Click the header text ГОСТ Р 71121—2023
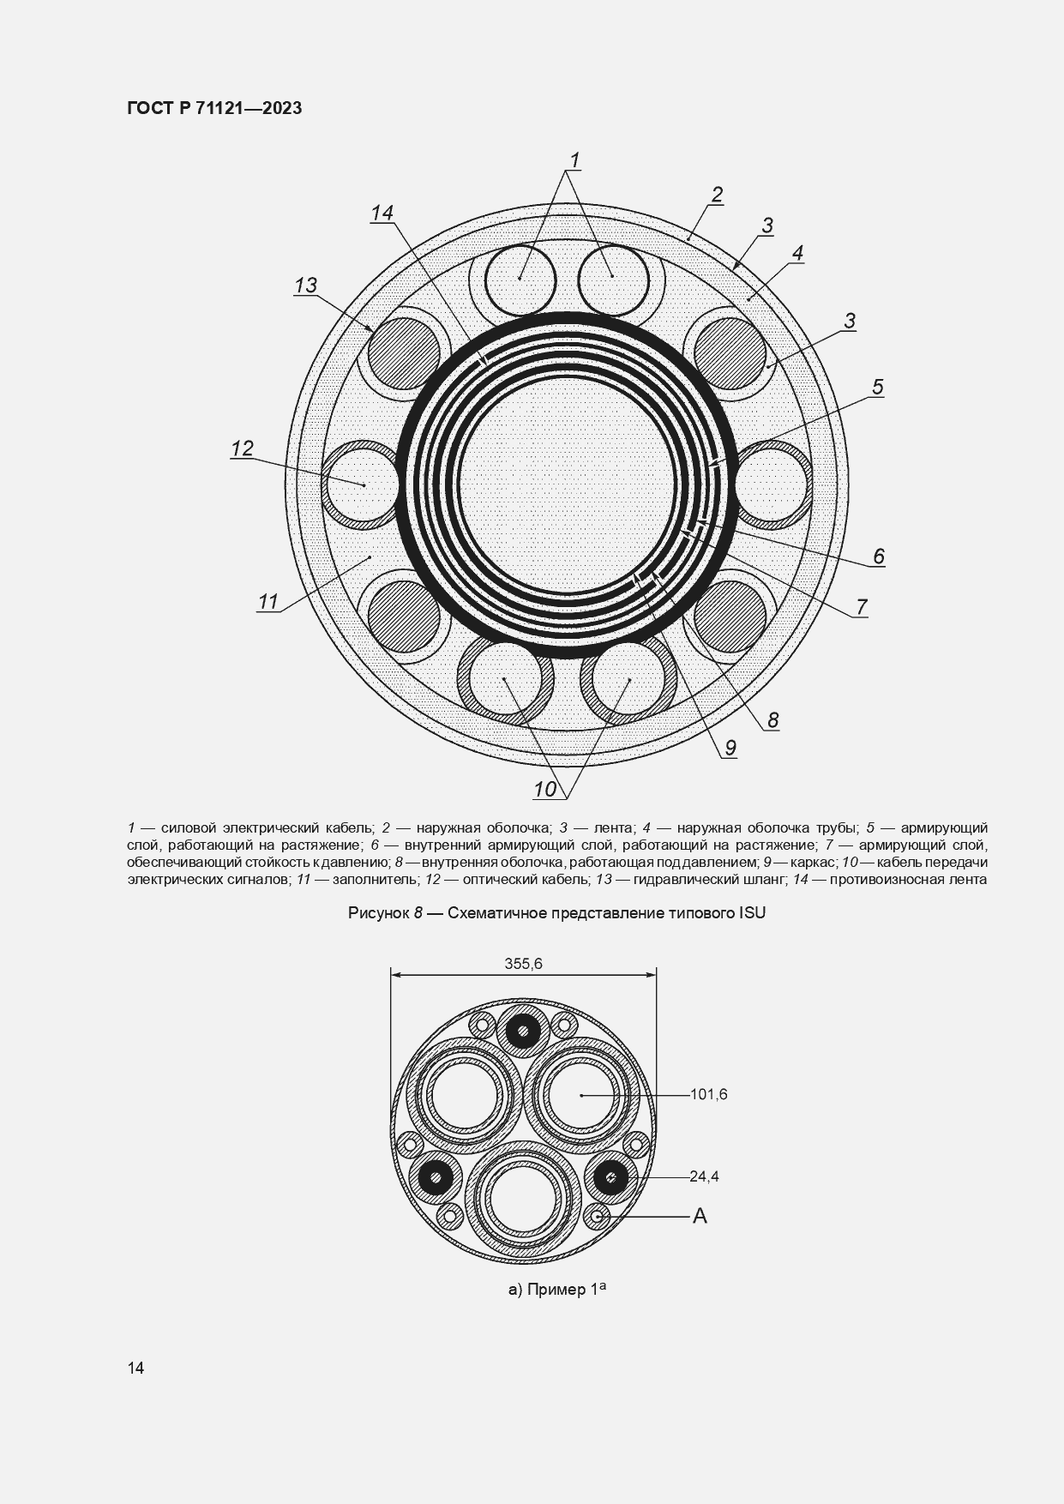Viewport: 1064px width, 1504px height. pyautogui.click(x=214, y=108)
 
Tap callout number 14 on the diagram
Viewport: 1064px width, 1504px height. pyautogui.click(x=382, y=213)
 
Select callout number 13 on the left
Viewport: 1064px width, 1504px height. pyautogui.click(x=305, y=286)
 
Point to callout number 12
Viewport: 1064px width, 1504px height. pyautogui.click(x=242, y=448)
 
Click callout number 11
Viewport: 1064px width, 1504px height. pyautogui.click(x=268, y=602)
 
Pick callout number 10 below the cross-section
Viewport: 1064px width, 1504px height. pyautogui.click(x=545, y=790)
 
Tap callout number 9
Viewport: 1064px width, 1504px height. pyautogui.click(x=730, y=748)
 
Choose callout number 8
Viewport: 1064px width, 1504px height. pyautogui.click(x=772, y=719)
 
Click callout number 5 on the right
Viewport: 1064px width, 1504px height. pyautogui.click(x=877, y=387)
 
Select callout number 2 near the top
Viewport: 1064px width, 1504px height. pyautogui.click(x=717, y=195)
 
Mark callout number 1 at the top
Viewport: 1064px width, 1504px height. pyautogui.click(x=575, y=160)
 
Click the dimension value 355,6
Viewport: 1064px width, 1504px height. pyautogui.click(x=523, y=964)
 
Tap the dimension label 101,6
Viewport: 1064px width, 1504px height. pyautogui.click(x=708, y=1094)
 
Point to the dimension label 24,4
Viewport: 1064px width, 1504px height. pyautogui.click(x=704, y=1176)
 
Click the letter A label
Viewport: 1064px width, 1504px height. pyautogui.click(x=700, y=1216)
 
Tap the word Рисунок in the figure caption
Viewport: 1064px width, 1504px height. pyautogui.click(x=378, y=913)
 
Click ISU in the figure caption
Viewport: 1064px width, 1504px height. pyautogui.click(x=752, y=913)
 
